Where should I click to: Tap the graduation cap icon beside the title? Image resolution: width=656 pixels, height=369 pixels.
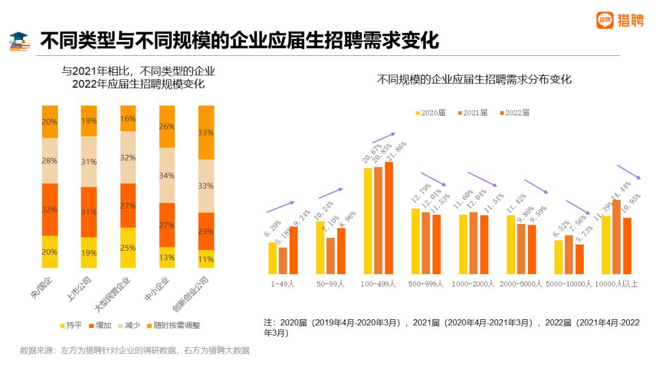pyautogui.click(x=19, y=41)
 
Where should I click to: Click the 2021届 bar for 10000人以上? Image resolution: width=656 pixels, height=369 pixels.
pyautogui.click(x=617, y=237)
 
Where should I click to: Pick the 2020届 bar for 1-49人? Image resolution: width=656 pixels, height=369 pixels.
pyautogui.click(x=273, y=259)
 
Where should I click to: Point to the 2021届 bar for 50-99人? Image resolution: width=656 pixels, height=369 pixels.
pyautogui.click(x=330, y=256)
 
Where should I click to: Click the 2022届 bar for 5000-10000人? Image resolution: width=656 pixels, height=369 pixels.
pyautogui.click(x=579, y=259)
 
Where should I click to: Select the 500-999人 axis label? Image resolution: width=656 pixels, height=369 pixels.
pyautogui.click(x=426, y=283)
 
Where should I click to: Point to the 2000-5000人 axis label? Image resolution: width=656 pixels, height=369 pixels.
pyautogui.click(x=521, y=283)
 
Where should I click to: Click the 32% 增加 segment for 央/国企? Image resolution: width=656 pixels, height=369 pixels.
pyautogui.click(x=50, y=209)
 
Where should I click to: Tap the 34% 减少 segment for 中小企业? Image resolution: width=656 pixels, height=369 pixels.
pyautogui.click(x=167, y=175)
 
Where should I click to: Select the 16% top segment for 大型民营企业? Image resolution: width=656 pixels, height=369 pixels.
pyautogui.click(x=128, y=118)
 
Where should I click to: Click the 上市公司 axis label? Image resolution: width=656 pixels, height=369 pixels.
pyautogui.click(x=79, y=289)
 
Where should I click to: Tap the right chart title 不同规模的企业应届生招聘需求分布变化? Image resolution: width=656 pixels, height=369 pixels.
pyautogui.click(x=474, y=80)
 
